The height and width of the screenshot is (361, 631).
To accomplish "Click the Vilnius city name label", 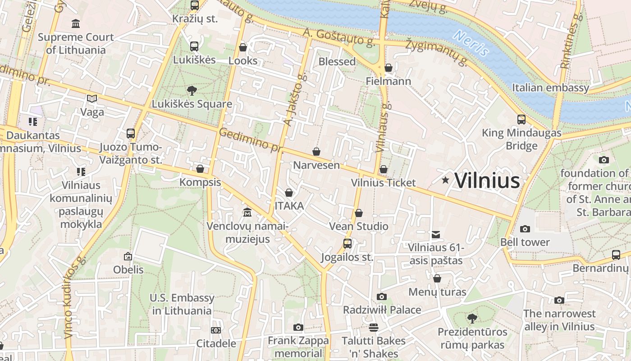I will click(x=487, y=180).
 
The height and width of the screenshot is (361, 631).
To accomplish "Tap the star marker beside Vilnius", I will click(x=445, y=180).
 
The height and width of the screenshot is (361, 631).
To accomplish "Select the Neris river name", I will click(x=471, y=43).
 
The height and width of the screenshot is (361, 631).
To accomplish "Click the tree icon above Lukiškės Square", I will click(x=192, y=91).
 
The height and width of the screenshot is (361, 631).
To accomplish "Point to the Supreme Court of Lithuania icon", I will click(x=76, y=23).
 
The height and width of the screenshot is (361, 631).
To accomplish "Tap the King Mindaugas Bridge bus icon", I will click(x=521, y=120).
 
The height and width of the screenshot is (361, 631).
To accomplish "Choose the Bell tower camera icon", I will click(x=525, y=229).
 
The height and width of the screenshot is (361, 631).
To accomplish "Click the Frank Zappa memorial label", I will click(x=298, y=347).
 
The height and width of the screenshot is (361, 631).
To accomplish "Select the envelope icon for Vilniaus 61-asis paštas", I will click(x=435, y=235).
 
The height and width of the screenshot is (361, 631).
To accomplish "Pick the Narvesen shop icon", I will click(x=316, y=152).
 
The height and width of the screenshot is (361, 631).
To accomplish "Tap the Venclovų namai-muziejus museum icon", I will click(x=247, y=212).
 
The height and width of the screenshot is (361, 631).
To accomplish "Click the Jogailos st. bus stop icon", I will click(x=347, y=244).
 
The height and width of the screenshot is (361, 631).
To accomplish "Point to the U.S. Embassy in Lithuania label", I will click(x=182, y=304).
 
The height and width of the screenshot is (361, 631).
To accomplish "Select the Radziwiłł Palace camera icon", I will click(x=381, y=296).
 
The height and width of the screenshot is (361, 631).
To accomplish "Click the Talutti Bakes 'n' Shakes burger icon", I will click(x=373, y=327).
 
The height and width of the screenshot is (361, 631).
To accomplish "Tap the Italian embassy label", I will click(x=550, y=88).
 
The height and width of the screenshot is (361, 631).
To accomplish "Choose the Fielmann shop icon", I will click(x=388, y=68).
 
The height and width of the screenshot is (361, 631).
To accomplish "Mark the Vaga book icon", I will click(x=92, y=98).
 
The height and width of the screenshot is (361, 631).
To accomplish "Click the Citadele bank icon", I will click(x=216, y=330).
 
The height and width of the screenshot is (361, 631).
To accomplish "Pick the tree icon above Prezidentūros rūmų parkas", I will click(x=471, y=319).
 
